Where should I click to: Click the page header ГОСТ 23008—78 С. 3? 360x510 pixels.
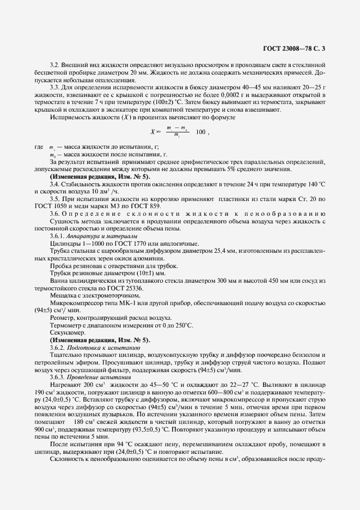click(297, 48)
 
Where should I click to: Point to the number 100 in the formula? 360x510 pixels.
click(200, 132)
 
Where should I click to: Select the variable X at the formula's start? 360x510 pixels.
click(152, 132)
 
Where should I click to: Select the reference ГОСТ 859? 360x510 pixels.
click(163, 207)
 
